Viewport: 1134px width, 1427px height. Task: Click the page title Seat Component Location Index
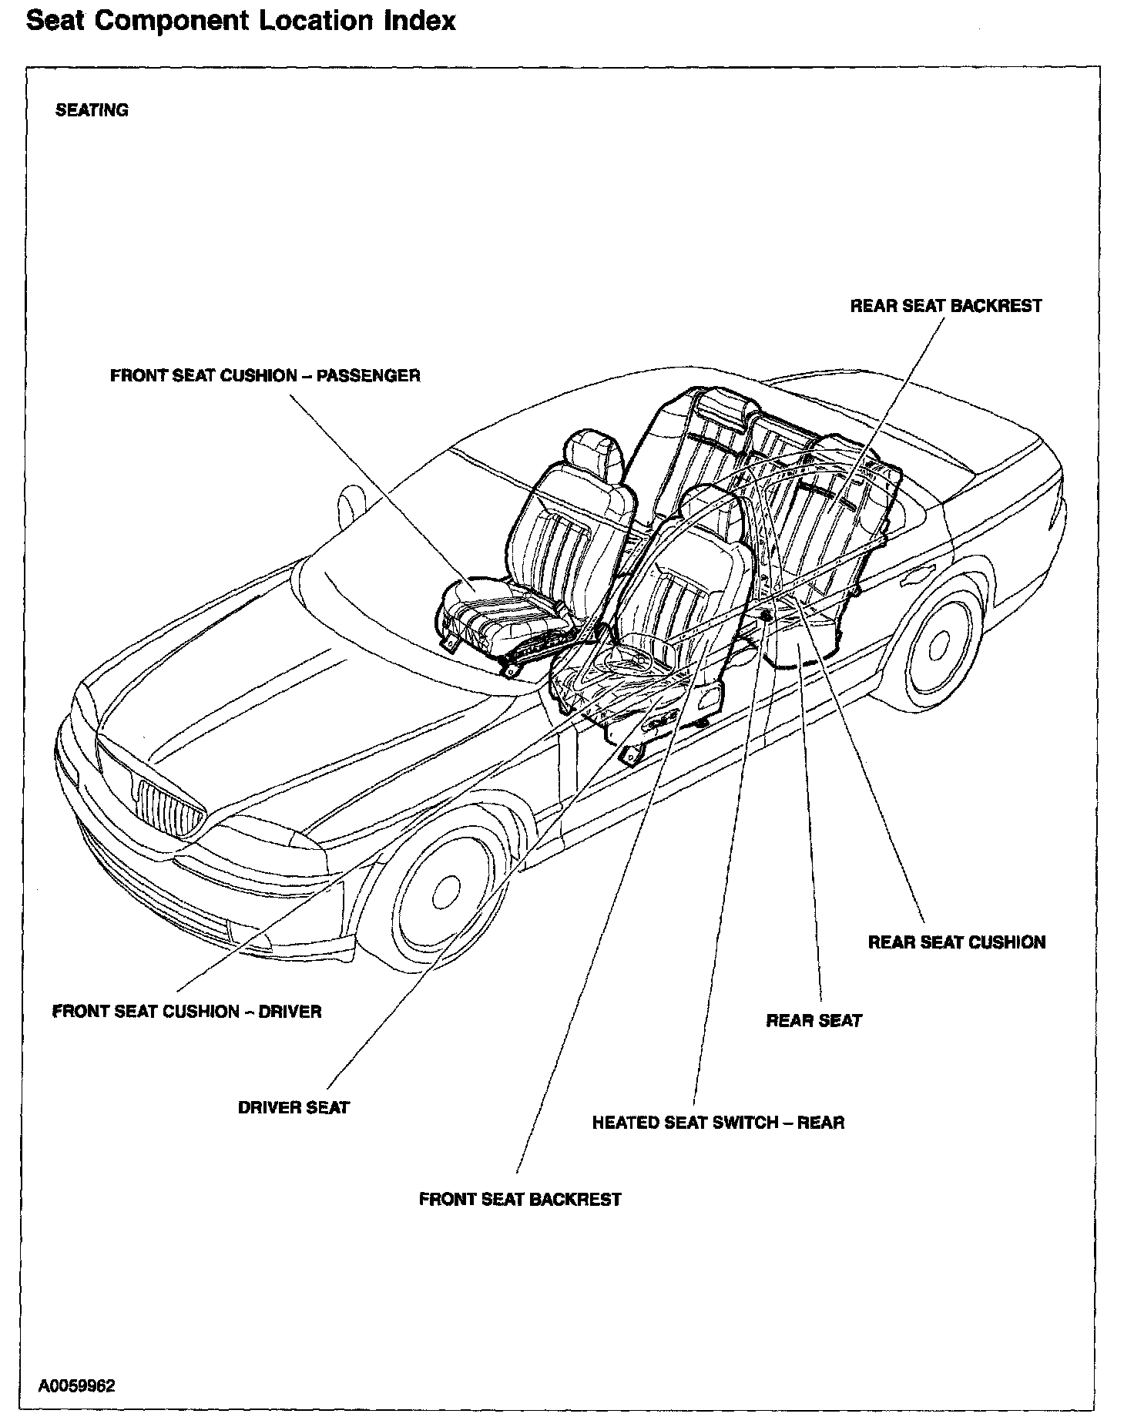(x=240, y=21)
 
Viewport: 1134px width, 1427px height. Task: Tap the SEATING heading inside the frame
(x=92, y=110)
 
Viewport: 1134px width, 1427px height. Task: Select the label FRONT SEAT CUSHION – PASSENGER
(x=265, y=376)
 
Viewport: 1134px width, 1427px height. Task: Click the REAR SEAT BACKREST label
(x=945, y=306)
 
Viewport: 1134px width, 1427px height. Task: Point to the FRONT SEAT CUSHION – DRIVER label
(x=186, y=1011)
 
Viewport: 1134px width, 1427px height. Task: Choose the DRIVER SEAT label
(x=294, y=1107)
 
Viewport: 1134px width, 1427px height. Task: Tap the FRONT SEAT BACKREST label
(x=520, y=1199)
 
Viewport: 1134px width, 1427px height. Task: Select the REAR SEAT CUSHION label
(x=957, y=942)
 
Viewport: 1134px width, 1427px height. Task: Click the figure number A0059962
(x=77, y=1386)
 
